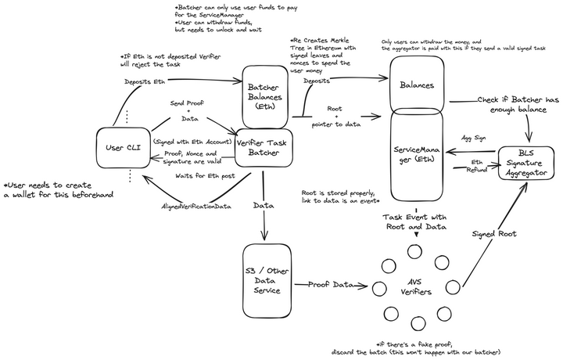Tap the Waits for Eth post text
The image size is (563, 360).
pos(206,176)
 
